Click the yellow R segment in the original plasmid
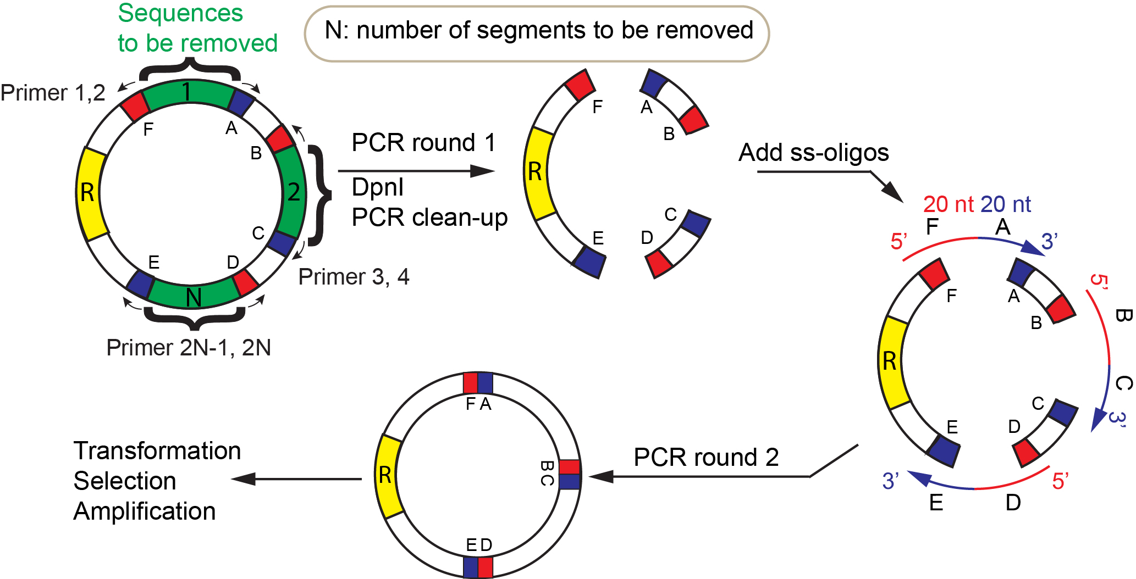tap(90, 193)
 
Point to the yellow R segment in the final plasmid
tap(387, 476)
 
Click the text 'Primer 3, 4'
tap(354, 277)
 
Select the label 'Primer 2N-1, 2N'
tap(189, 348)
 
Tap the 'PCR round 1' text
tap(423, 143)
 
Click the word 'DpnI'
tap(378, 187)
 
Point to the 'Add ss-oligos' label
tap(813, 152)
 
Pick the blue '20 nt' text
tap(1006, 204)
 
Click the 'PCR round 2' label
tap(706, 457)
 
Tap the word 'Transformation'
tap(157, 450)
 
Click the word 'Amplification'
tap(144, 511)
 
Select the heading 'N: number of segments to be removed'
tap(538, 31)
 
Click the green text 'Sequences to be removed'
tap(197, 28)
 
